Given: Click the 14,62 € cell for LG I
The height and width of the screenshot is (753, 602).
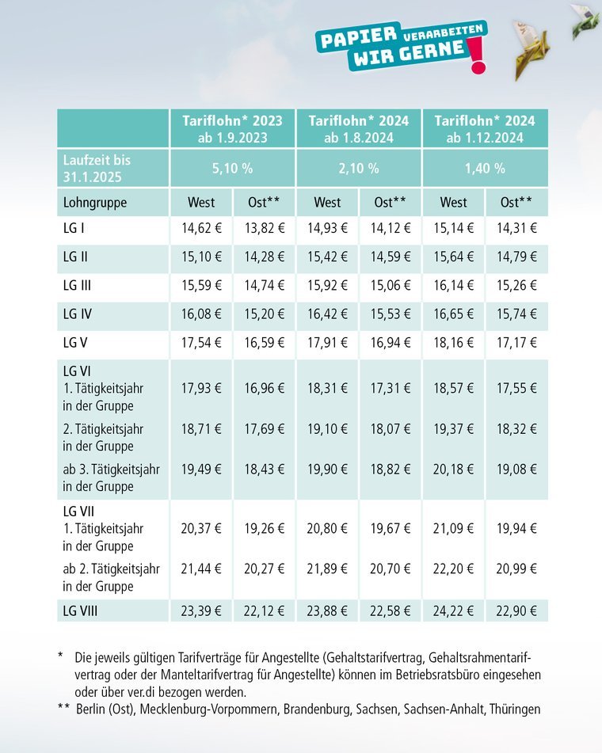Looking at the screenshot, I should click(x=201, y=230).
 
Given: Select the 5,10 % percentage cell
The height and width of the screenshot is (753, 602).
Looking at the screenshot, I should click(x=232, y=168).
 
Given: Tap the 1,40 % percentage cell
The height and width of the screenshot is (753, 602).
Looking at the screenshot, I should click(x=486, y=168).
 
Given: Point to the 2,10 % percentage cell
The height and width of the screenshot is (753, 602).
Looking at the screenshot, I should click(x=359, y=168).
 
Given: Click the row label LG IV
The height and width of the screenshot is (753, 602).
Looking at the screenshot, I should click(x=78, y=314).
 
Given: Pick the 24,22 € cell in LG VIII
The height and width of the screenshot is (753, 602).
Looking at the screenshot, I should click(x=454, y=610).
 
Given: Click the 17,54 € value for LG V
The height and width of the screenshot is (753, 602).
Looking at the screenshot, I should click(x=201, y=344).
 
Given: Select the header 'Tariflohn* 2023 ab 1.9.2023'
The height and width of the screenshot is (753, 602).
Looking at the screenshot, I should click(x=232, y=128).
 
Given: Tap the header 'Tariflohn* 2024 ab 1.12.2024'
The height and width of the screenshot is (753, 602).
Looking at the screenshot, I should click(x=486, y=128).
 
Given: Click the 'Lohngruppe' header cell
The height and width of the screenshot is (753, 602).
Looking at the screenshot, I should click(x=95, y=202).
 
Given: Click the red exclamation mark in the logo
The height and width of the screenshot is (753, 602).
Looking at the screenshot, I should click(x=477, y=58).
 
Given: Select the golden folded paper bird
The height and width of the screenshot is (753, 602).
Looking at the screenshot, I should click(x=530, y=48).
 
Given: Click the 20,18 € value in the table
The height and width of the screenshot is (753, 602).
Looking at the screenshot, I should click(x=454, y=470).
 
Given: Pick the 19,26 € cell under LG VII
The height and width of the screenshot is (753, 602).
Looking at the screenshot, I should click(x=265, y=527).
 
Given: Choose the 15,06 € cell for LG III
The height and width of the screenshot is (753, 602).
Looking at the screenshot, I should click(x=391, y=285).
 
